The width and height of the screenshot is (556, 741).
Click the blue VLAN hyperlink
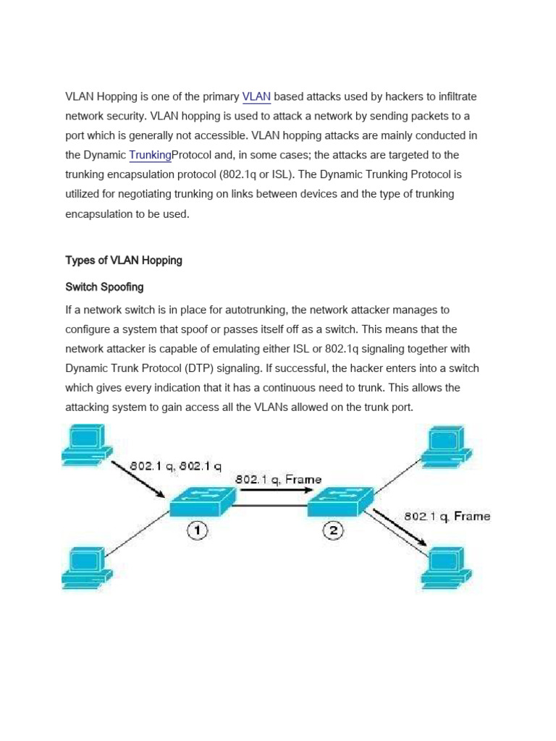(x=256, y=96)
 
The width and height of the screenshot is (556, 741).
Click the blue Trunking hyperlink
(x=151, y=155)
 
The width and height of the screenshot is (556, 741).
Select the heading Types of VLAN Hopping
(x=124, y=261)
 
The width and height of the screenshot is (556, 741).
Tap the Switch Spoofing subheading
(x=104, y=287)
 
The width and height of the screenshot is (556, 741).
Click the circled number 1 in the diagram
(x=198, y=531)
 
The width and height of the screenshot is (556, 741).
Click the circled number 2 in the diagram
(x=333, y=531)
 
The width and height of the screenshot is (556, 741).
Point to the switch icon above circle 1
(x=203, y=501)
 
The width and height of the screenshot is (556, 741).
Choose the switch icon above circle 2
(x=340, y=501)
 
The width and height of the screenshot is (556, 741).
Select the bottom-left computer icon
(x=86, y=569)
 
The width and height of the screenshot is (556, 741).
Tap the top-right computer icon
(x=452, y=444)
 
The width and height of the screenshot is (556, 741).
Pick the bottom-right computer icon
(x=452, y=569)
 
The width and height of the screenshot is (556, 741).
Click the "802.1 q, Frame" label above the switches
(x=278, y=479)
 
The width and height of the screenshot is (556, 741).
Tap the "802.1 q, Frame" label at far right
(x=447, y=516)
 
